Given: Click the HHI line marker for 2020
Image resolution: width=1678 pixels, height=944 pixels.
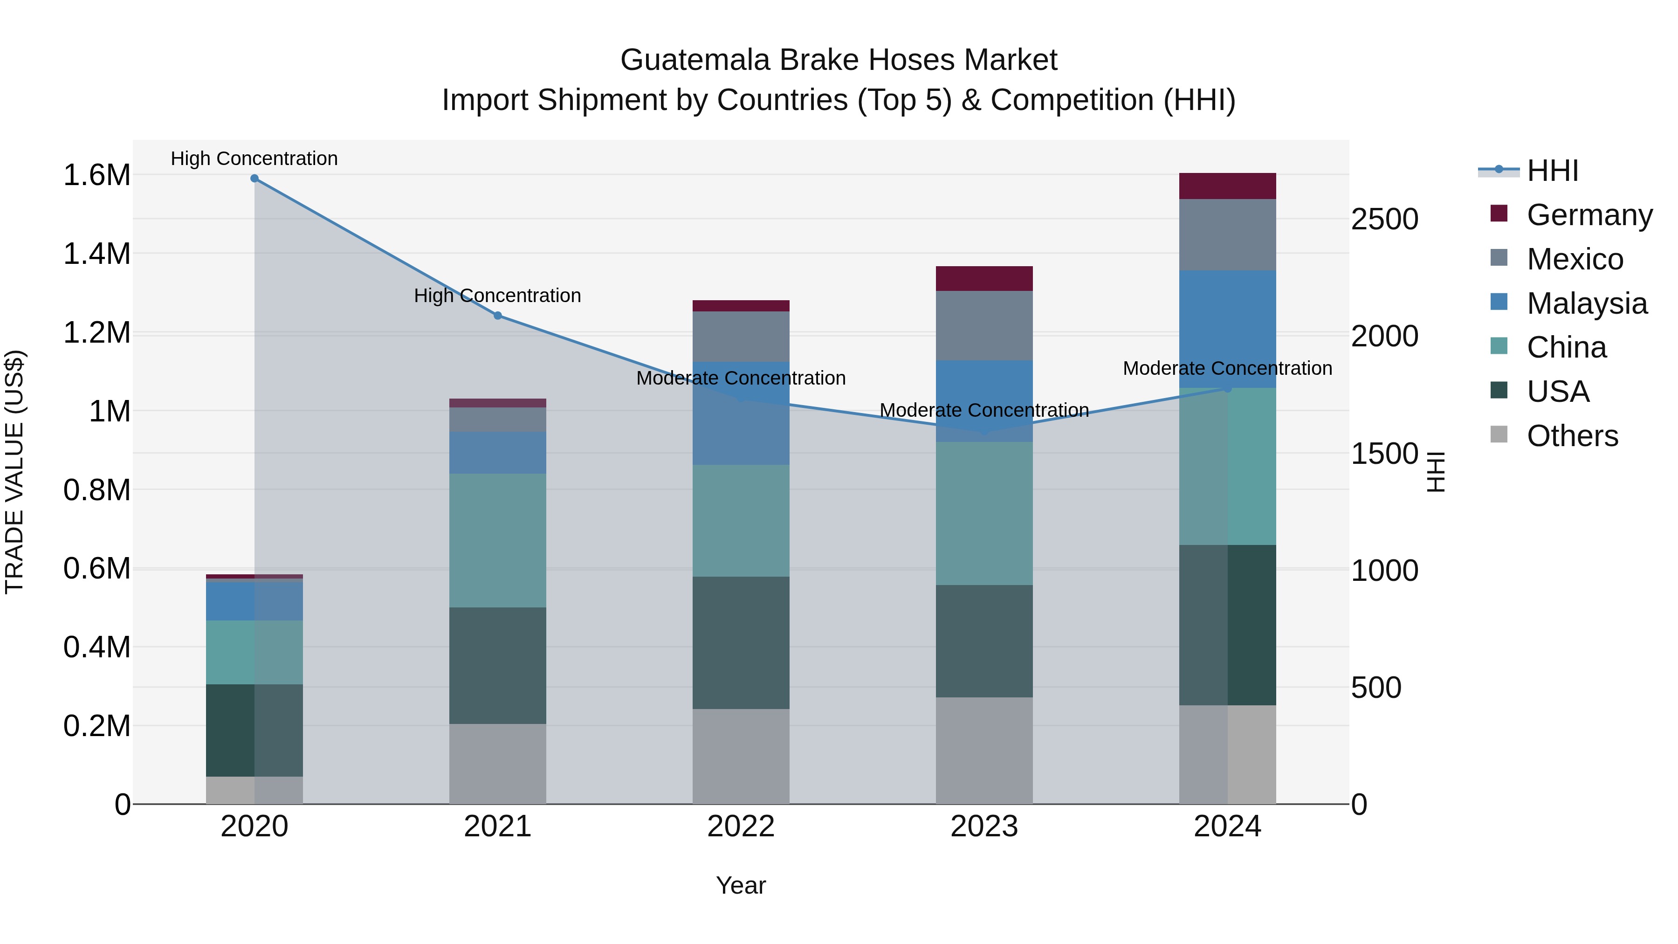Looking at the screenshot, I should tap(254, 179).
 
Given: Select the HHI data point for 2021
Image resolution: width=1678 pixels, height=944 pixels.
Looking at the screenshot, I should tap(498, 315).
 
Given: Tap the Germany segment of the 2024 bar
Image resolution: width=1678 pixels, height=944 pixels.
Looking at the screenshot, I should tap(1227, 186).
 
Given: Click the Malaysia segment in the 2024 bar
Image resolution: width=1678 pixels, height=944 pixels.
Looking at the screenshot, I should tap(1227, 329).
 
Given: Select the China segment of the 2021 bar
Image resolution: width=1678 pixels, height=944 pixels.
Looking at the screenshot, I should tap(498, 540).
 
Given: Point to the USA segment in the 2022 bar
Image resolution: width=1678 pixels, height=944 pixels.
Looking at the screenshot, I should tap(741, 642).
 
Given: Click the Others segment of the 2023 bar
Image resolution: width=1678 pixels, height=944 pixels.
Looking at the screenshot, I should tap(984, 751).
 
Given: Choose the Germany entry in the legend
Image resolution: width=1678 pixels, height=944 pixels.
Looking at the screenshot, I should tap(1589, 215).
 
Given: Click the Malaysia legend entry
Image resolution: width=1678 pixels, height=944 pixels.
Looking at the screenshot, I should tap(1586, 303).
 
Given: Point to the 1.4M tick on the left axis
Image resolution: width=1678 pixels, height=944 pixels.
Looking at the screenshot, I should tap(97, 254).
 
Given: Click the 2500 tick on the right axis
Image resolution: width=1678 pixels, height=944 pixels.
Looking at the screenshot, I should tap(1384, 219).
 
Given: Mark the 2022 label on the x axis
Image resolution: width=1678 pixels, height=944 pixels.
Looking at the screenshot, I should tap(741, 827).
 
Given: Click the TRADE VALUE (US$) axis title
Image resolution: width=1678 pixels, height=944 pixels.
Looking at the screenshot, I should tap(14, 472).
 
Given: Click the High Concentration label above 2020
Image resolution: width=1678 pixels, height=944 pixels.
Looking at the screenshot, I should tap(254, 158).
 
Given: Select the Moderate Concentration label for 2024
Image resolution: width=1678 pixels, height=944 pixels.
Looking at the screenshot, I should tap(1227, 368).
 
